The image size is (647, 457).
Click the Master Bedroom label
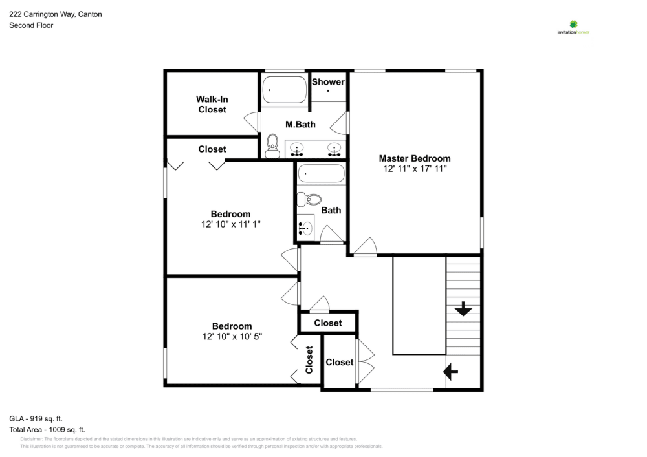point(414,158)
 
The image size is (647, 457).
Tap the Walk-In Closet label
point(212,105)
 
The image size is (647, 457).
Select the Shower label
point(328,82)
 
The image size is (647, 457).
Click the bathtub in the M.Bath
point(285,90)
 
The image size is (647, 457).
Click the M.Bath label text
point(300,124)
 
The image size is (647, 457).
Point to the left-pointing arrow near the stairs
point(451,372)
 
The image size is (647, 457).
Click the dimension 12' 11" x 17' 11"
point(414,169)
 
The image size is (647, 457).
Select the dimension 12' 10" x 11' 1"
point(230,224)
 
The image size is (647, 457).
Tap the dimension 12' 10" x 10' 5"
point(232,337)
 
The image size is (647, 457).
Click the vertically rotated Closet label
point(309,360)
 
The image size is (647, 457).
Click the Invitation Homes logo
point(573,27)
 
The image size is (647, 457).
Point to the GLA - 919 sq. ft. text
point(36,418)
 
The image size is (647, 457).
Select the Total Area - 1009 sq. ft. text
point(47,429)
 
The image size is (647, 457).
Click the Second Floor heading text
point(31,25)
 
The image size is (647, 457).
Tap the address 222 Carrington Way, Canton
point(55,14)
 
